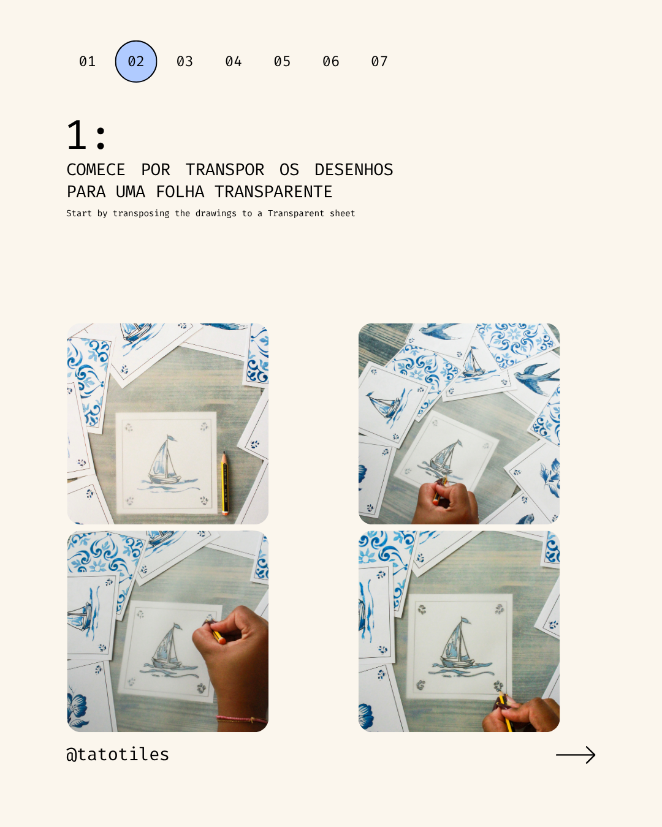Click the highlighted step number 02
coord(136,61)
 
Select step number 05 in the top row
coord(282,61)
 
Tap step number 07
coord(379,61)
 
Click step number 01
coord(87,61)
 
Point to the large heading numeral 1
coord(77,135)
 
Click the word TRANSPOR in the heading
coord(224,170)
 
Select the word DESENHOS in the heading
coord(354,170)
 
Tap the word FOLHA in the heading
coord(180,192)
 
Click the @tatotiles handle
coord(118,754)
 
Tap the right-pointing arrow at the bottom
coord(576,755)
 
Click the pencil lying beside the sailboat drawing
coord(225,483)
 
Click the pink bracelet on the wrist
coord(242,718)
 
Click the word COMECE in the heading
coord(96,170)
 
